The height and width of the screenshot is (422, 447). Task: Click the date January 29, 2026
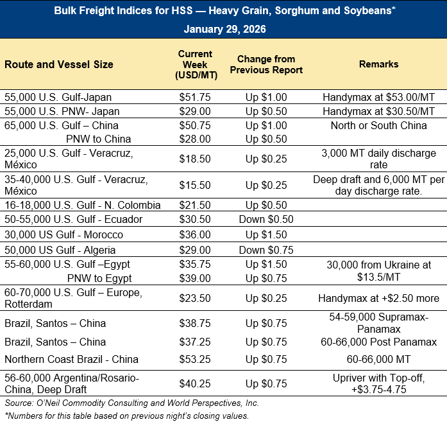(x=224, y=30)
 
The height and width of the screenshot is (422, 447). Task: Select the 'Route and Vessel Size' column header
(x=59, y=64)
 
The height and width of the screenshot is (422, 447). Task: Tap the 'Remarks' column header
(x=378, y=64)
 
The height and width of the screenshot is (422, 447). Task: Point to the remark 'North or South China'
(x=378, y=125)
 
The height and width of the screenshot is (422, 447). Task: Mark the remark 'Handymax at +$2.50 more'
(x=378, y=298)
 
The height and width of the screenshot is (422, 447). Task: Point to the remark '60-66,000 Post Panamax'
(x=378, y=342)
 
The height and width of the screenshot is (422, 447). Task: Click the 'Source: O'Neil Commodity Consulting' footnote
(x=131, y=403)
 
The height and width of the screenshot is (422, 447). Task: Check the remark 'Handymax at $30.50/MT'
(x=378, y=111)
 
